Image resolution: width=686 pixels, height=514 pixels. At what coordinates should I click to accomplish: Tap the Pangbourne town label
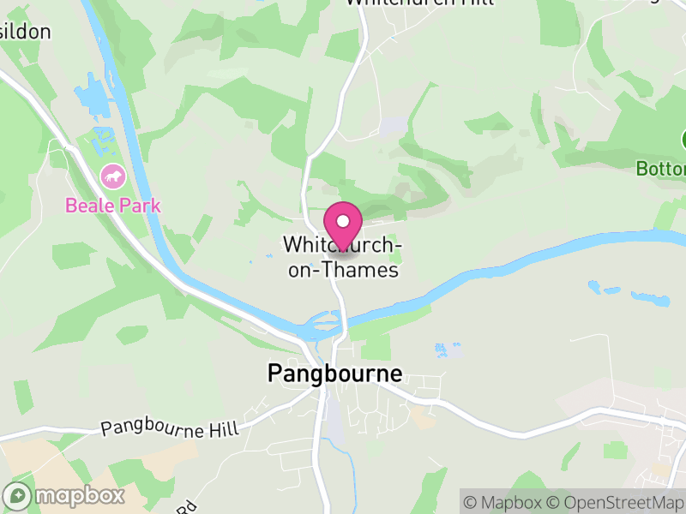point(334,374)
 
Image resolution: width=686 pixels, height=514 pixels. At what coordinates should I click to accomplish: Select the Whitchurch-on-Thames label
point(341,258)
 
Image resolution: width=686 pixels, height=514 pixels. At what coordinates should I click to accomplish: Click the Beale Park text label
point(113,206)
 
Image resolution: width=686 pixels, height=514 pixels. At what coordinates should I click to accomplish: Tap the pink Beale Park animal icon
point(113,178)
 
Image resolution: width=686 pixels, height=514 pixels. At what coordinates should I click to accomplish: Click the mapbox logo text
point(79,495)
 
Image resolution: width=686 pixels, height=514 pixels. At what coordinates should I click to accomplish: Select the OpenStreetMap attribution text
point(617,502)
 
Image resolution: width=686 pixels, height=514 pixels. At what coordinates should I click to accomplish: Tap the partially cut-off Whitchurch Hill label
point(419,3)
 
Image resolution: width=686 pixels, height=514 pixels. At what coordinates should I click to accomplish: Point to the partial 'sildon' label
point(25,33)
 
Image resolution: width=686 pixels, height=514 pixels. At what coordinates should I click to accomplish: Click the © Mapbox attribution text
point(505,502)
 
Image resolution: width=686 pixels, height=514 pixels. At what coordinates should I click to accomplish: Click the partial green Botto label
point(661,169)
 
